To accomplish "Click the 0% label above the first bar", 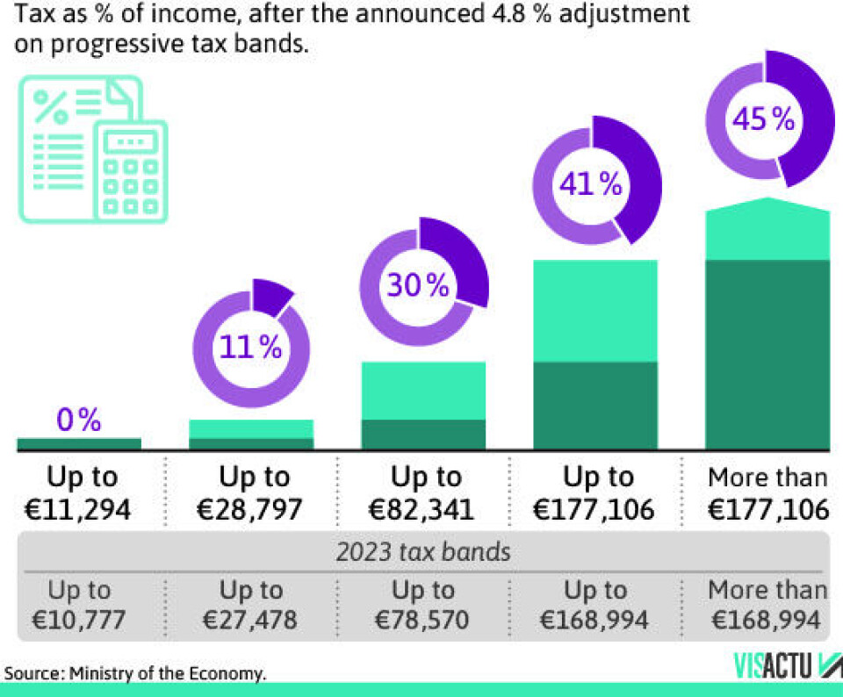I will point(79,420).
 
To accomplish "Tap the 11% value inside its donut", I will point(251,347).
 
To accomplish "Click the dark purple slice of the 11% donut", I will point(272,297).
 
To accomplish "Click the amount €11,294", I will point(79,509).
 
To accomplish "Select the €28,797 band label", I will point(253,509).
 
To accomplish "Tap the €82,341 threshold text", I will point(425,509).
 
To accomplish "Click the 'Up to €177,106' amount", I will point(597,509).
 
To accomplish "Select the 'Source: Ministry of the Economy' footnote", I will point(135,673).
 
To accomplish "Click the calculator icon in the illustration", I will point(131,172).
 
